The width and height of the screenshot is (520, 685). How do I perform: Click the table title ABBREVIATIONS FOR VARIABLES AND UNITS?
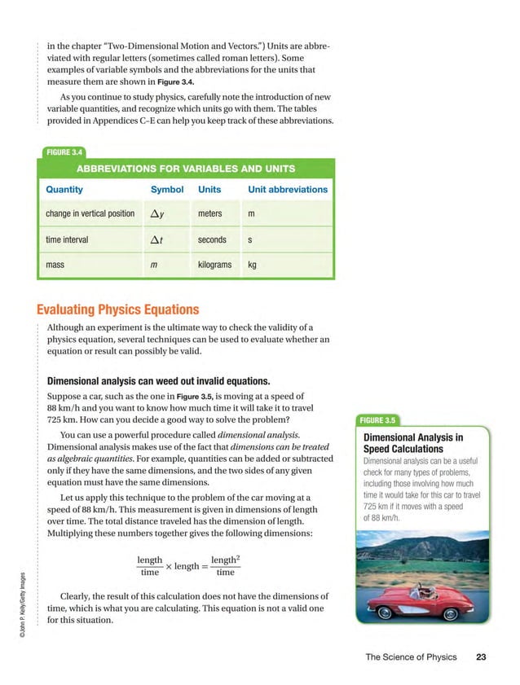point(186,169)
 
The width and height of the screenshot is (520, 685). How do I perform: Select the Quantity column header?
point(64,190)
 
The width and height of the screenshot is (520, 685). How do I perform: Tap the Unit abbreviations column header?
point(287,190)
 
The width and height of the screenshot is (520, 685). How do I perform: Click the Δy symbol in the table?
point(159,214)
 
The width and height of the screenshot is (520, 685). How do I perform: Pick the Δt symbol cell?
point(158,240)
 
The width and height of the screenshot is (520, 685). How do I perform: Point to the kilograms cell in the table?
point(214,265)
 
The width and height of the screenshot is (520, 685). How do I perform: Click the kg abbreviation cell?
point(252,265)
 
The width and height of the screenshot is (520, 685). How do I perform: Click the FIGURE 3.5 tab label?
point(377,420)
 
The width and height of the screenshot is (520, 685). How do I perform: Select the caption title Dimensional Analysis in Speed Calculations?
point(412,443)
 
